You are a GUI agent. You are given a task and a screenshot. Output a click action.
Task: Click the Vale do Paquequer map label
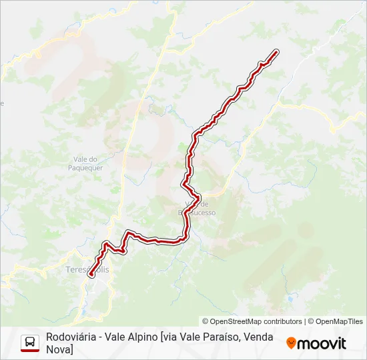coord(85,163)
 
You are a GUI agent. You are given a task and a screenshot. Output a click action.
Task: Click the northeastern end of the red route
coord(275,51)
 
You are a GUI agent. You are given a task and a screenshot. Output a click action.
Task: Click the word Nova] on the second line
coord(59,349)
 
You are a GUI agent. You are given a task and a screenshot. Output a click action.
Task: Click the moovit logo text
coord(322,343)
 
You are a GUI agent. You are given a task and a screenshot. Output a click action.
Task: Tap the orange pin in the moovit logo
coord(291,343)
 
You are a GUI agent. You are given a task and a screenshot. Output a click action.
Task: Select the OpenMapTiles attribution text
coord(339,321)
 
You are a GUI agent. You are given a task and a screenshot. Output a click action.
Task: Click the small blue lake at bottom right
coord(291,300)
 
